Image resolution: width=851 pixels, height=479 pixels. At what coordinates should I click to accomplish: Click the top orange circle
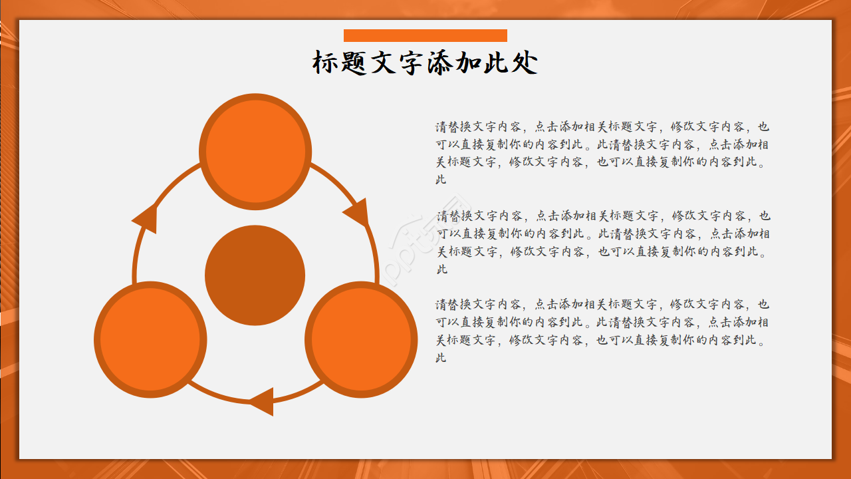(255, 152)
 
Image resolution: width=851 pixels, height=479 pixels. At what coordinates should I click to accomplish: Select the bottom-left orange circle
(150, 340)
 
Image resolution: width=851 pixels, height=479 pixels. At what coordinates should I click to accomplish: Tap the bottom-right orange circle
(361, 340)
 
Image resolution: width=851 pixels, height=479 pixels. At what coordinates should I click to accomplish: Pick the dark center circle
(255, 275)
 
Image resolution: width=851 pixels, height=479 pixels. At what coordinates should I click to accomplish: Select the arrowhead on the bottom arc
(263, 400)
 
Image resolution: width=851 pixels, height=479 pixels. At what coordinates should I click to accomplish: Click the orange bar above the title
(425, 35)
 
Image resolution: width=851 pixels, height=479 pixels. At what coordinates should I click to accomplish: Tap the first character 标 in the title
(326, 63)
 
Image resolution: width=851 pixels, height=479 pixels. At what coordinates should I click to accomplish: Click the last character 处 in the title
(525, 63)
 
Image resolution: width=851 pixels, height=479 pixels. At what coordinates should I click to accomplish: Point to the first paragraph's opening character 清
(441, 126)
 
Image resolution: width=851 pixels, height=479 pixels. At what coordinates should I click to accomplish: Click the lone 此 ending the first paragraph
(441, 180)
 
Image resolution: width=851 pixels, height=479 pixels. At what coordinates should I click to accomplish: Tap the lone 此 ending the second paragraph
(443, 269)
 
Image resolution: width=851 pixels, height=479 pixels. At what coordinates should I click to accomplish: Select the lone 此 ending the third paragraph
(441, 358)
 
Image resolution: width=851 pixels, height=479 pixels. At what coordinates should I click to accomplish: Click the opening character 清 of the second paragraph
(443, 216)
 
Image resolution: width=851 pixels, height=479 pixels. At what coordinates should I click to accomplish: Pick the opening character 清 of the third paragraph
(441, 304)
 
